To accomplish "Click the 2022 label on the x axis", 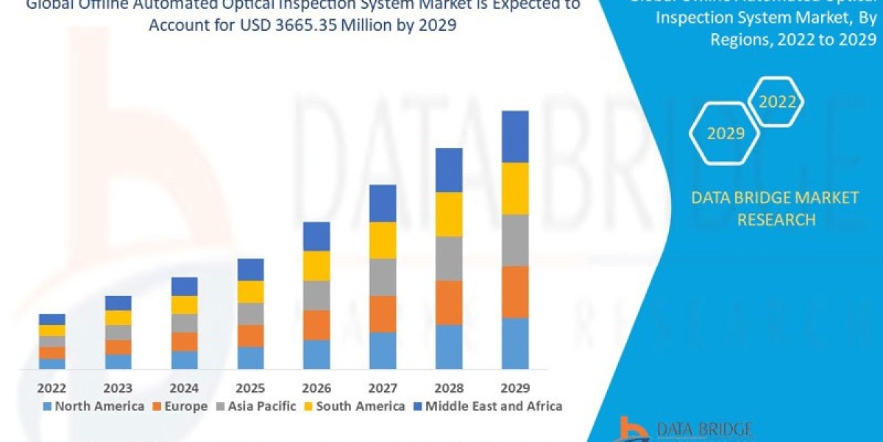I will (x=52, y=387).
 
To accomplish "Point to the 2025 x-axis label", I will (x=250, y=387).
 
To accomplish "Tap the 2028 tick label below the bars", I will (x=449, y=387).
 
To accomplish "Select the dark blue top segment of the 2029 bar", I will (x=515, y=136).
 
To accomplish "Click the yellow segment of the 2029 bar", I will (x=515, y=189).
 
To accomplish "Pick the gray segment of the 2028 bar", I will (x=449, y=259).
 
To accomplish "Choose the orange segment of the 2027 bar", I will (x=383, y=314).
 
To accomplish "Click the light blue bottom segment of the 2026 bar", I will (x=316, y=354).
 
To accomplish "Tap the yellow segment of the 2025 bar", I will (x=250, y=292).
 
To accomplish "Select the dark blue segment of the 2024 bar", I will (x=184, y=287).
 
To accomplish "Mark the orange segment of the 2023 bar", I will (x=118, y=347).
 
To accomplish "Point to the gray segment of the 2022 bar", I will (x=52, y=341).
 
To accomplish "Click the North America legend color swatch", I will (x=48, y=406).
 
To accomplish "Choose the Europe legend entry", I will (x=180, y=406).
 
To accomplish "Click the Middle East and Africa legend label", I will (x=493, y=406).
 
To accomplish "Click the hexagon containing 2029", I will (x=725, y=133).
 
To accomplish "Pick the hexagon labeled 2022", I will (x=777, y=102).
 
